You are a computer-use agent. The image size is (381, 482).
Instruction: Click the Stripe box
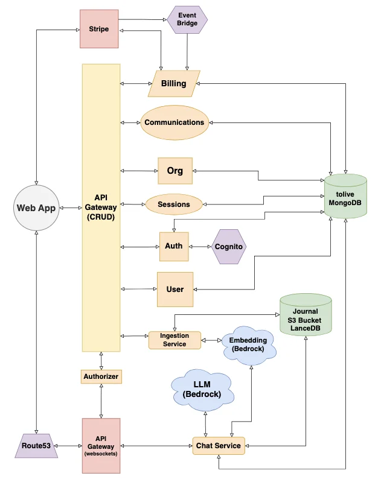click(x=99, y=28)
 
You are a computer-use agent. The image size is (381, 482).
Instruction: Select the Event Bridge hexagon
click(x=187, y=19)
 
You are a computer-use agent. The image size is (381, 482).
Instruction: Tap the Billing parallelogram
click(x=174, y=83)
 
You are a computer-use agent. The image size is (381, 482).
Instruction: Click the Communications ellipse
click(x=174, y=122)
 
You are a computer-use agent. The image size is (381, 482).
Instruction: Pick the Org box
click(x=174, y=171)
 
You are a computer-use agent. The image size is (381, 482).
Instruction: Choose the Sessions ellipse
click(x=174, y=204)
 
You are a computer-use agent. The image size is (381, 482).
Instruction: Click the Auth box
click(x=174, y=246)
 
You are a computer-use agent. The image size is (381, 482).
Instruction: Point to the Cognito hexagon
click(x=229, y=247)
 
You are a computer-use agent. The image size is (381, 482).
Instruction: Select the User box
click(x=175, y=289)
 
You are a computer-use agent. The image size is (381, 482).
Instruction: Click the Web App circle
click(x=36, y=208)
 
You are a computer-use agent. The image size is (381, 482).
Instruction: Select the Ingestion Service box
click(x=174, y=340)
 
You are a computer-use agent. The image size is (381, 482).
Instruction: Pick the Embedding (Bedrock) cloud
click(x=249, y=346)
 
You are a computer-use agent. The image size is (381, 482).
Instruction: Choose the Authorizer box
click(x=101, y=376)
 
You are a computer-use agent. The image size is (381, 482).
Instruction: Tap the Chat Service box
click(x=219, y=446)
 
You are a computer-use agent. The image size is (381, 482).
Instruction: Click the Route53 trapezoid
click(x=36, y=446)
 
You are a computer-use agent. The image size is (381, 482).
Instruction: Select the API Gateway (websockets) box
click(x=101, y=445)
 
